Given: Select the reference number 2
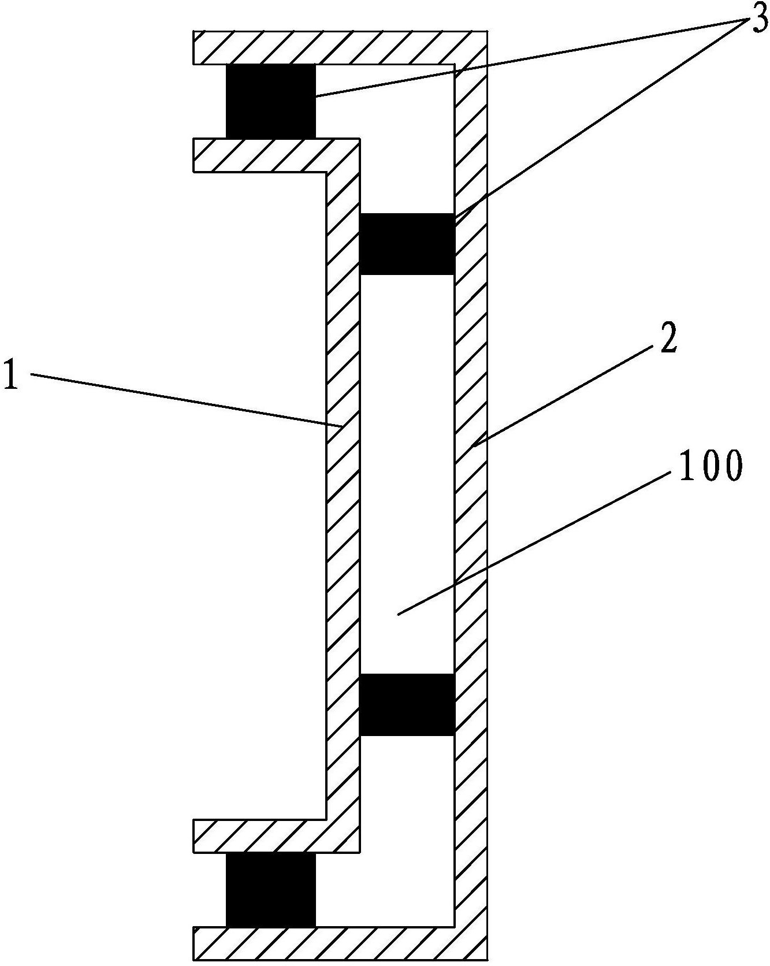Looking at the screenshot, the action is coord(666,341).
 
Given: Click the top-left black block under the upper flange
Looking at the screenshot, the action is coord(271,101).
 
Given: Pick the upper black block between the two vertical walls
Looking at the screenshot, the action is coord(407,244).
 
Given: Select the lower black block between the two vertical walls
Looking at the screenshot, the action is coord(407,704).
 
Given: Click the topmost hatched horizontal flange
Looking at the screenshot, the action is coord(323,47).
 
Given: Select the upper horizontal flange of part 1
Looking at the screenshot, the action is coord(260,155).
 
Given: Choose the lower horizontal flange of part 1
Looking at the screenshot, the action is coord(260,835).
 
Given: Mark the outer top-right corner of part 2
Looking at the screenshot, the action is coord(486,31).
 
